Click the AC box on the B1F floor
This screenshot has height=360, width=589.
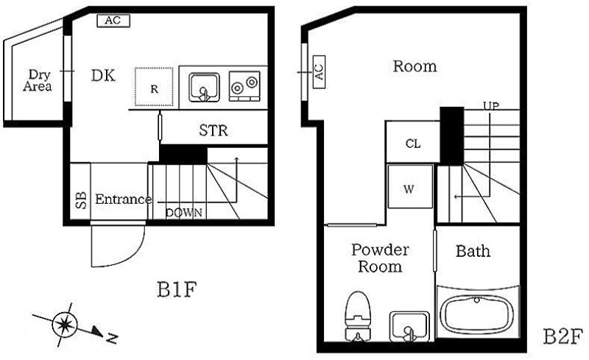(x=113, y=21)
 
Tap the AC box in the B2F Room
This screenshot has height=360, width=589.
(x=319, y=71)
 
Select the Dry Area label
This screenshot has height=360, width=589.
(x=38, y=80)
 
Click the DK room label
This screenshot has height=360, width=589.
(x=103, y=76)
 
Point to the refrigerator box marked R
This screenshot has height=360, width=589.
(x=154, y=87)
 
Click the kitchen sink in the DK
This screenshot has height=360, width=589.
(x=204, y=87)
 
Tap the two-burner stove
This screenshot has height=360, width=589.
(x=244, y=85)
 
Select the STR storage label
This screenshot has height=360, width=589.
(x=214, y=130)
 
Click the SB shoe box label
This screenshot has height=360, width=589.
(x=81, y=200)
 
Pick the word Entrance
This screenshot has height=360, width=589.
(x=124, y=200)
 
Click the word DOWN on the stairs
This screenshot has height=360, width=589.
(x=184, y=213)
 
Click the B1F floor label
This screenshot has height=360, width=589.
(x=177, y=290)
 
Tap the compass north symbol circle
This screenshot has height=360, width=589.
(x=65, y=325)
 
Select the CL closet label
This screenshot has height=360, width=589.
(x=413, y=144)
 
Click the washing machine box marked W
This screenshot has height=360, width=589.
(x=410, y=186)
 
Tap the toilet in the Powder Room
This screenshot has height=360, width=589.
(x=358, y=316)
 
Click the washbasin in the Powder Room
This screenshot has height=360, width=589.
(x=409, y=326)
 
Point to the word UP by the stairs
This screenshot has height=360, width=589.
(x=491, y=106)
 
